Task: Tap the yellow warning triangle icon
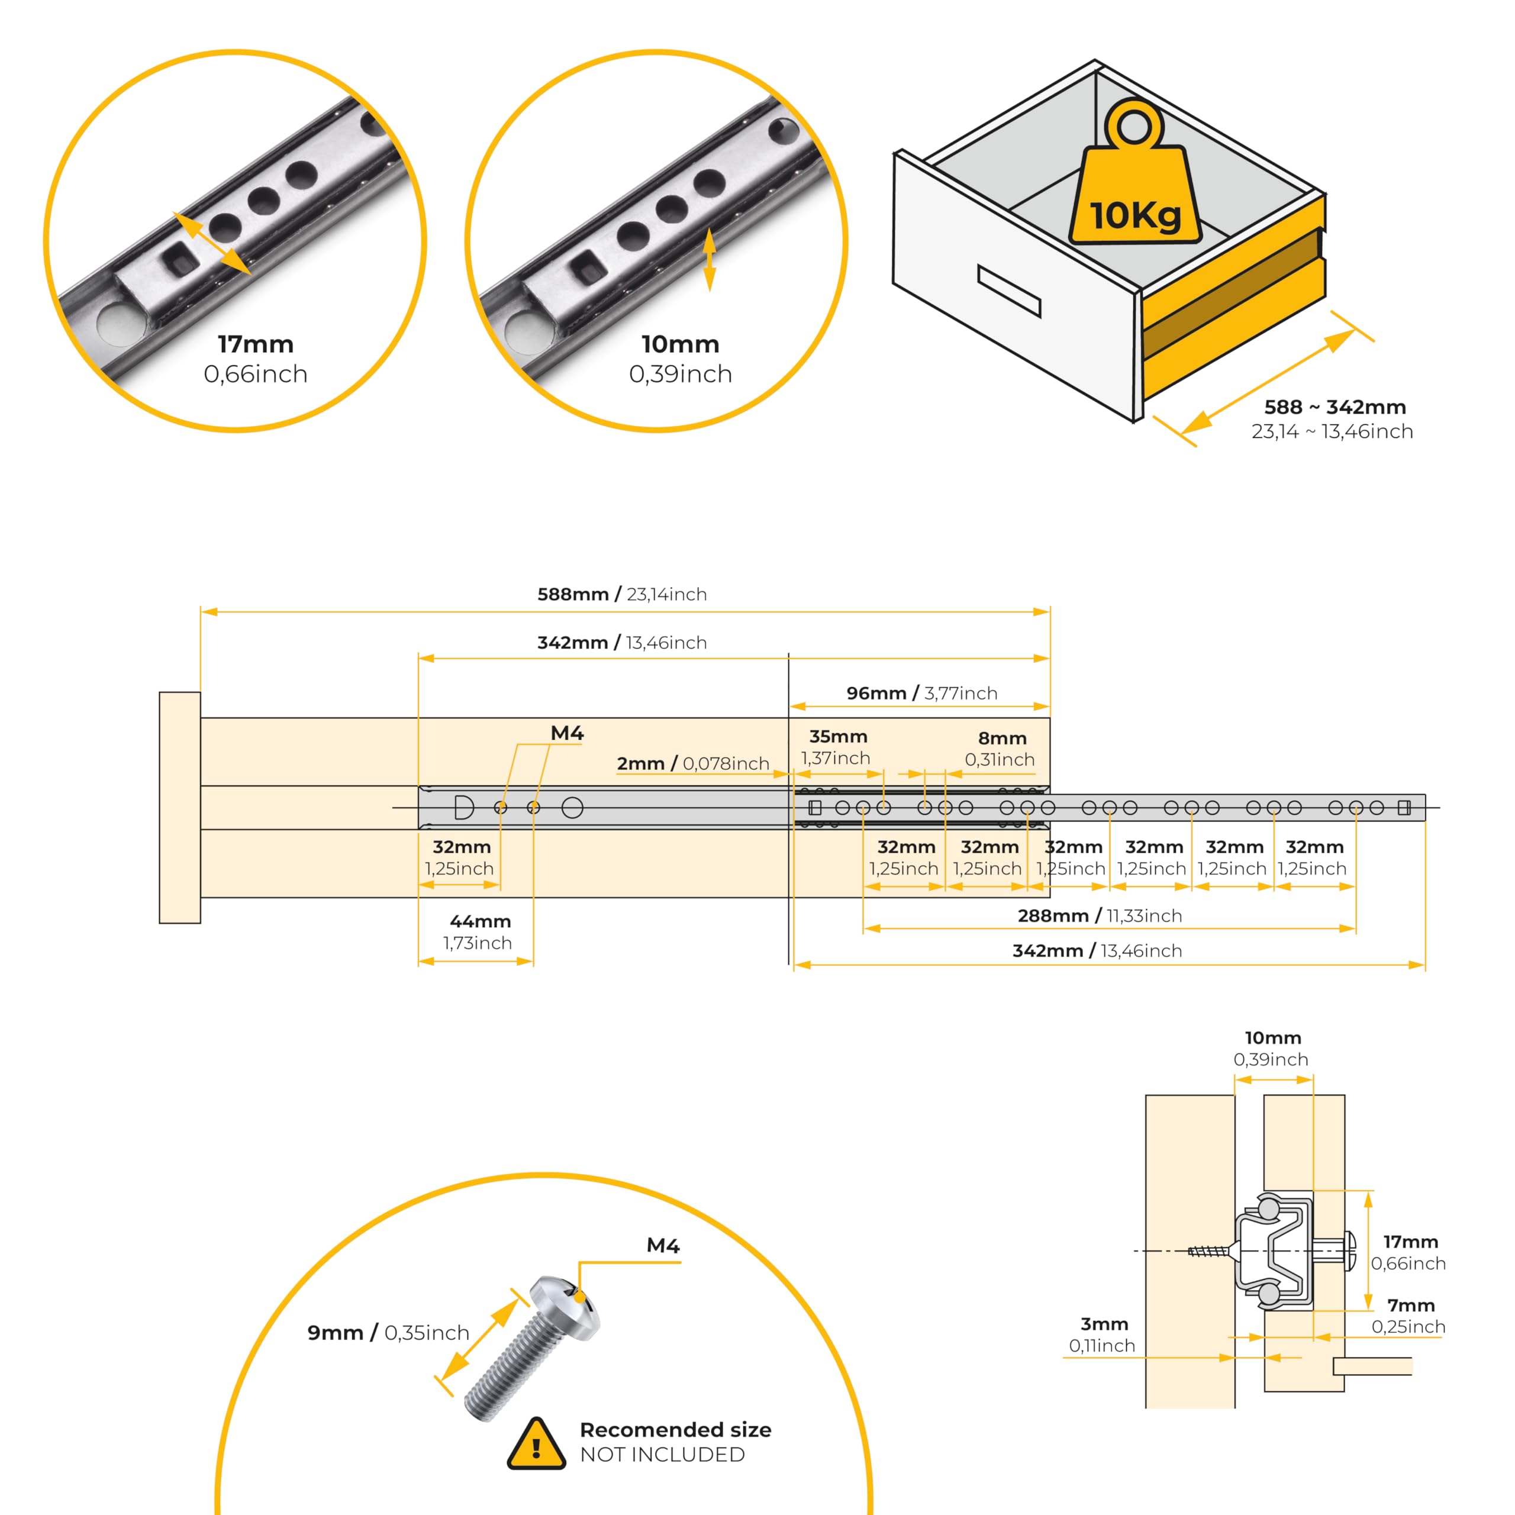(536, 1445)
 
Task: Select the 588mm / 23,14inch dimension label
(622, 594)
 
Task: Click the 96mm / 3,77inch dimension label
(921, 693)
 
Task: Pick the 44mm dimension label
(480, 921)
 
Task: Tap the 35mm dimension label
(837, 736)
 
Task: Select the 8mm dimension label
(1001, 738)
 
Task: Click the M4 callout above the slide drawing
(567, 733)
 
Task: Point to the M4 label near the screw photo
(663, 1245)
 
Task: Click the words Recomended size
(675, 1430)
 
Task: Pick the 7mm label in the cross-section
(1411, 1305)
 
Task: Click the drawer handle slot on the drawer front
(1008, 290)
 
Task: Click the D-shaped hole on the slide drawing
(463, 807)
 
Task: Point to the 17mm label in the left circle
(256, 344)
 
